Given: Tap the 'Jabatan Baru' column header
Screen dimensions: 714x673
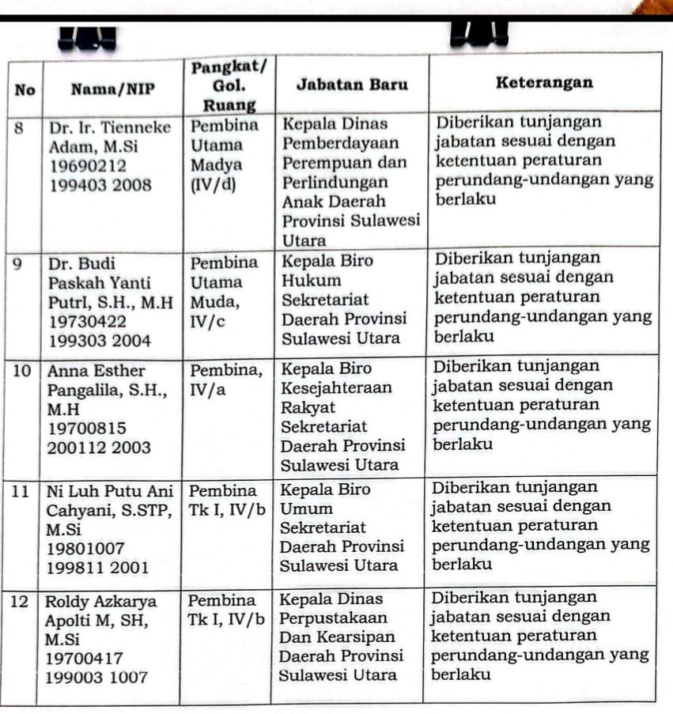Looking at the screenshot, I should (x=351, y=85).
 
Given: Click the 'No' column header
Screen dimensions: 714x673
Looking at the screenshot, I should (x=25, y=90).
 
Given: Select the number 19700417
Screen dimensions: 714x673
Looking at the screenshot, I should (x=83, y=657).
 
